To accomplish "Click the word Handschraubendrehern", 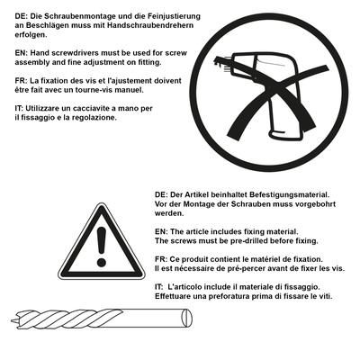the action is (150, 25).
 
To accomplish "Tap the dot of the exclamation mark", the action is (102, 263).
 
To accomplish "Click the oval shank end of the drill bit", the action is (187, 318).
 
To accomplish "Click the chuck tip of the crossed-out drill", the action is (217, 60).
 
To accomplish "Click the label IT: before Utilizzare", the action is (19, 108).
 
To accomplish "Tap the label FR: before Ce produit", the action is (161, 259).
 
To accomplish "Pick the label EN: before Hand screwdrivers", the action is (22, 53).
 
